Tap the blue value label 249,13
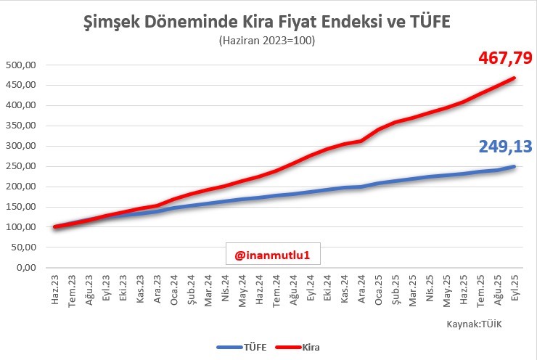(505, 147)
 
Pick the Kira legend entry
(300, 348)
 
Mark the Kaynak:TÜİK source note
(474, 324)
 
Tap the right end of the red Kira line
(515, 78)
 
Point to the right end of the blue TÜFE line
(515, 166)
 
